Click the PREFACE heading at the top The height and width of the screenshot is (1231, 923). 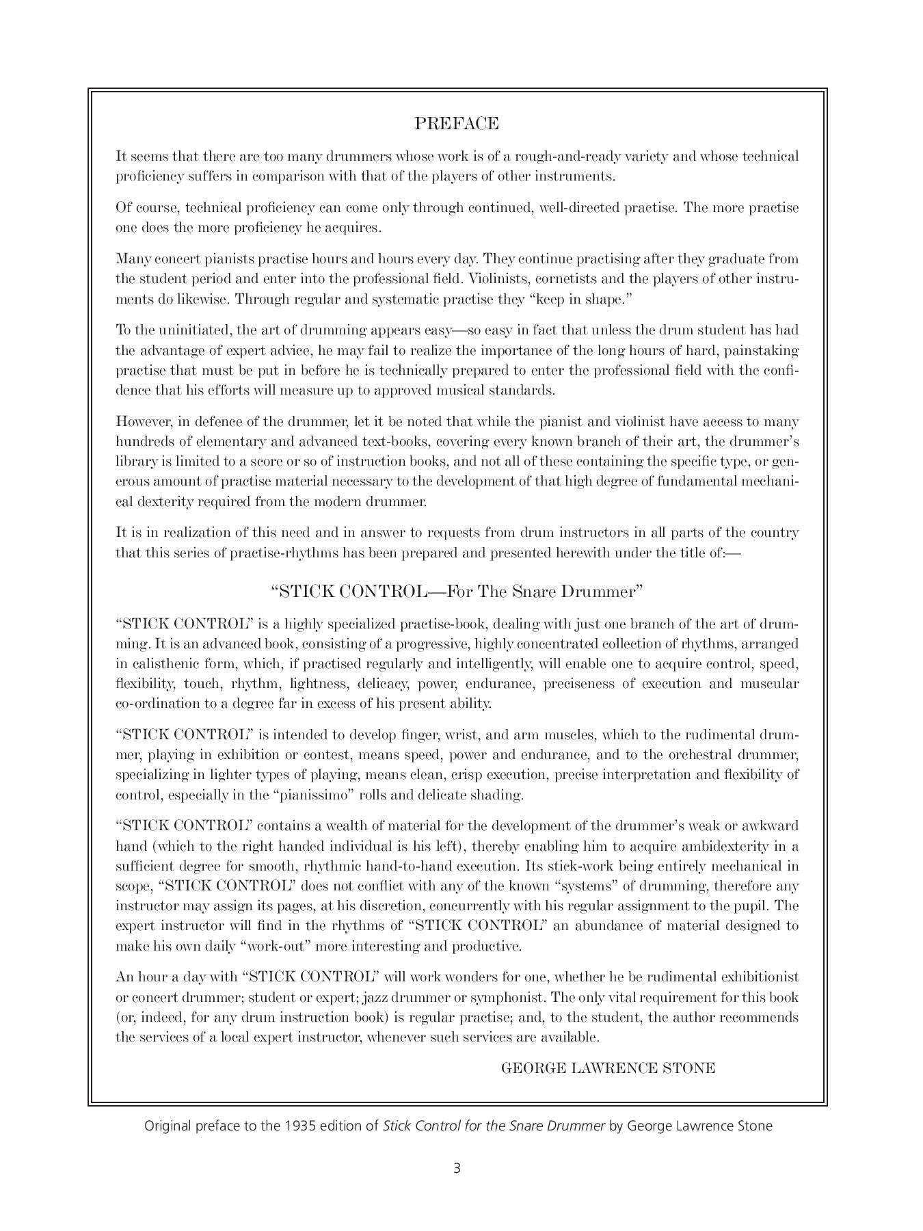(457, 124)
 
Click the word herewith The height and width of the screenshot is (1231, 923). (576, 553)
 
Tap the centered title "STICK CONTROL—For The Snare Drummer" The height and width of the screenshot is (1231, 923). (457, 592)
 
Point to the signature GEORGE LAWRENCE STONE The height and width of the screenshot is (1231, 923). (608, 1068)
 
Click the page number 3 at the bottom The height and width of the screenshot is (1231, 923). (457, 1168)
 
